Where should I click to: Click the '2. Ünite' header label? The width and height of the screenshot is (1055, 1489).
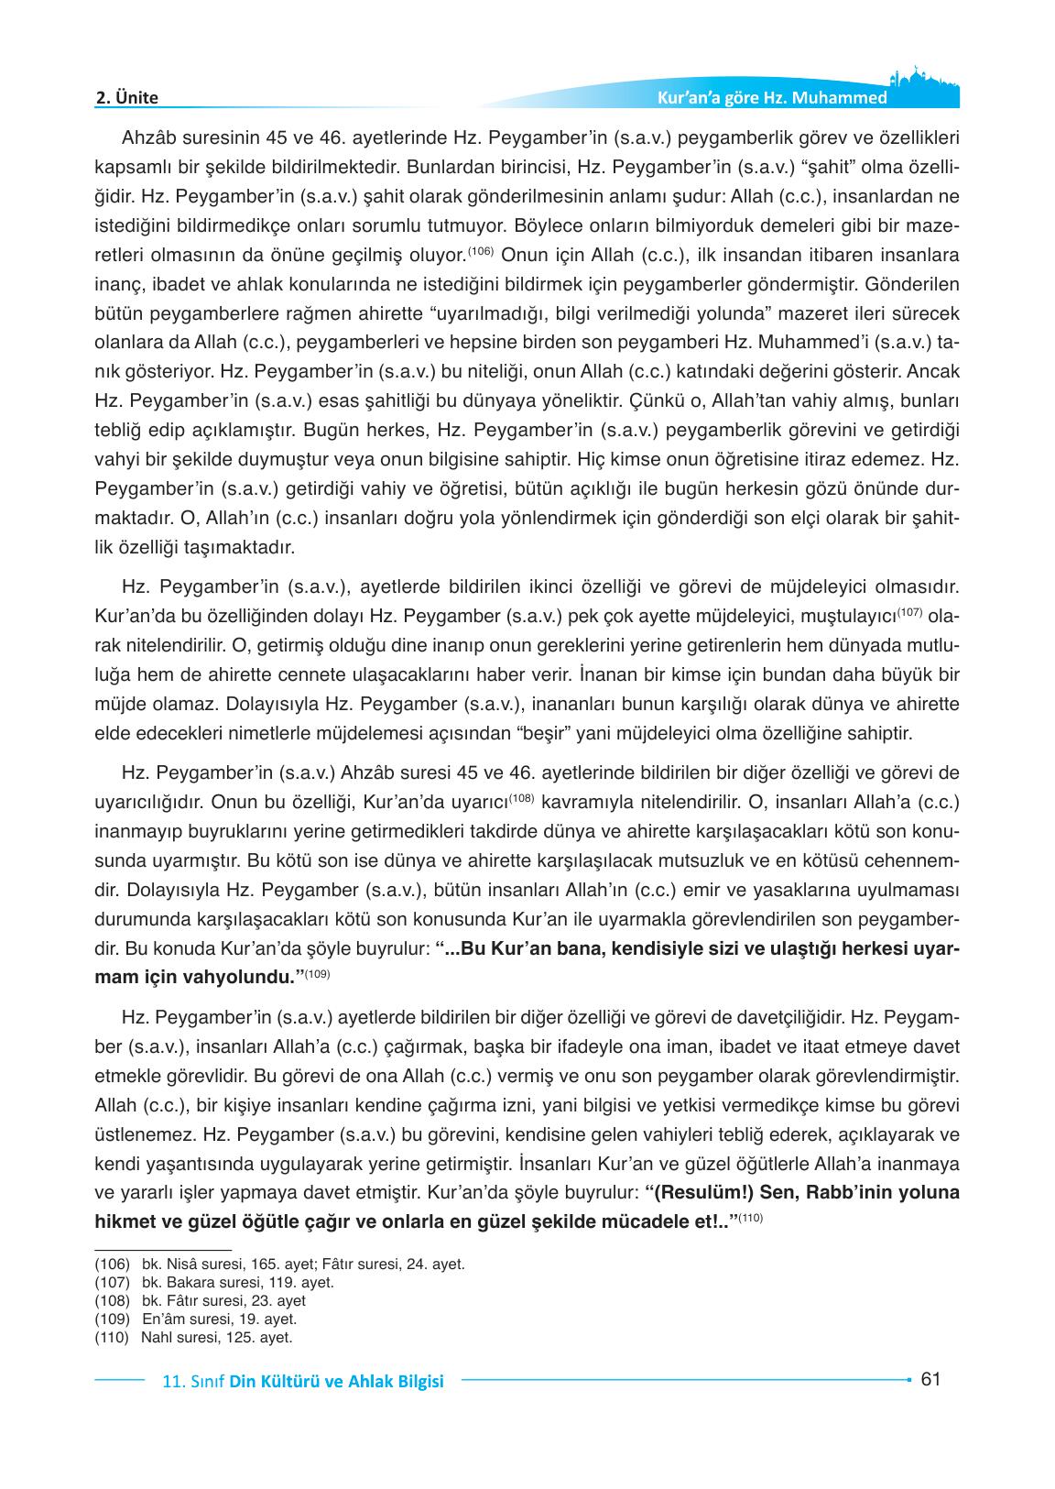[x=127, y=97]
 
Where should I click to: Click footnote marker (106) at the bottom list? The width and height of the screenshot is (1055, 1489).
[x=112, y=1264]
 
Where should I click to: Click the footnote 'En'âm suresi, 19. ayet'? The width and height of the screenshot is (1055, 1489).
[x=220, y=1319]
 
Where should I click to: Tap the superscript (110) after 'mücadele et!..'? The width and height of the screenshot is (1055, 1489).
[x=750, y=1217]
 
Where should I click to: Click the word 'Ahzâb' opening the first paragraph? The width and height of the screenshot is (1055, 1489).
[x=149, y=138]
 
